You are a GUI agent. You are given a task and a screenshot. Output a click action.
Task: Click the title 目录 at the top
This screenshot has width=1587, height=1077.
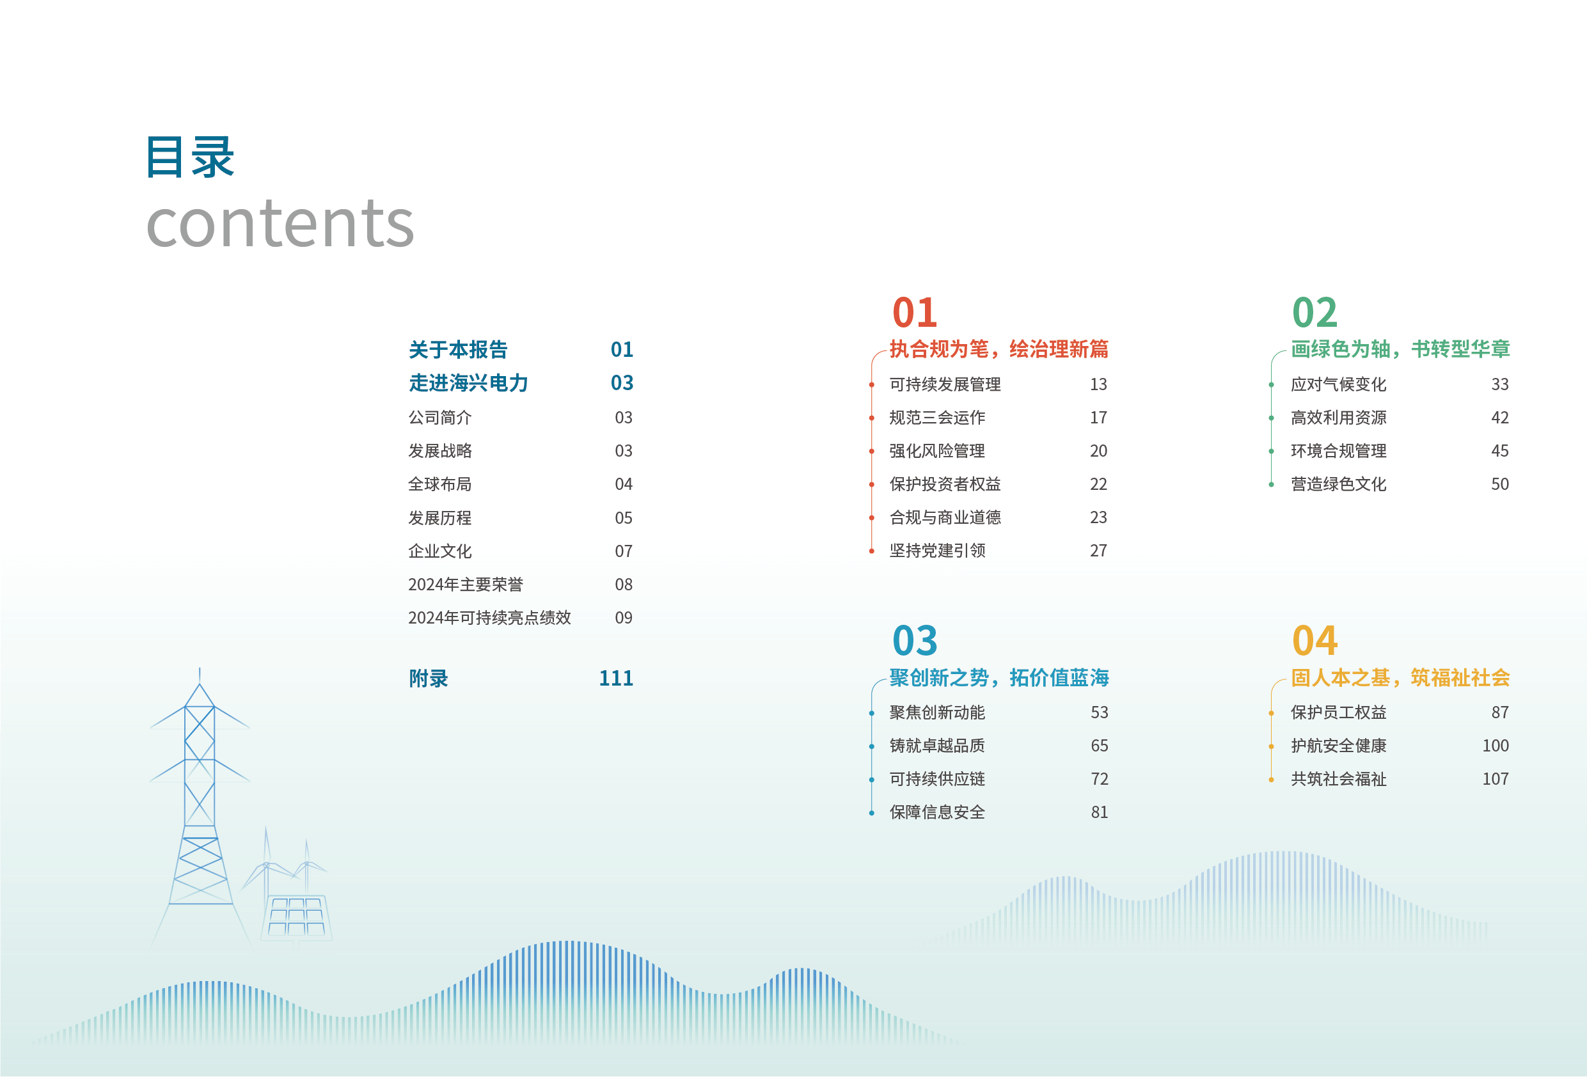(191, 157)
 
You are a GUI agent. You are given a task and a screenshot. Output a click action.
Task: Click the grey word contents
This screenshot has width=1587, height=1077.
(280, 223)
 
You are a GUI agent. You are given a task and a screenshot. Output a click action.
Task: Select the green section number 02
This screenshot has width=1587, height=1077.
(1315, 313)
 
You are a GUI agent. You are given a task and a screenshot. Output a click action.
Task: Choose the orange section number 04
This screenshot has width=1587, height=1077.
(1315, 641)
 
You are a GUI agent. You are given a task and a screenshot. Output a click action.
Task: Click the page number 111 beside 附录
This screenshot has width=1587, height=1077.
(616, 678)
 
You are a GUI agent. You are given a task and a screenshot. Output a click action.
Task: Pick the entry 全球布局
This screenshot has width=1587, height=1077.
(440, 484)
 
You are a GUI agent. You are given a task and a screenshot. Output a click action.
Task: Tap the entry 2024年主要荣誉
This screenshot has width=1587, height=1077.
(466, 585)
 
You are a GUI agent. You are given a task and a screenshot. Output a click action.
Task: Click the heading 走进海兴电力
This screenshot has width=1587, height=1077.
(468, 383)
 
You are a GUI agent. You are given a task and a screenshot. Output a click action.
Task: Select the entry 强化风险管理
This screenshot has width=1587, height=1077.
(937, 451)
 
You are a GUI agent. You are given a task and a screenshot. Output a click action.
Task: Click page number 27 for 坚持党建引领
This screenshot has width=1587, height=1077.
(1098, 551)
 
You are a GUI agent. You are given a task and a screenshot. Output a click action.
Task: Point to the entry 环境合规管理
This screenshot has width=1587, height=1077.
(1338, 451)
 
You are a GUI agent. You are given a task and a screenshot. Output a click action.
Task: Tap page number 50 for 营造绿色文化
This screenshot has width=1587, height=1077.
(1499, 484)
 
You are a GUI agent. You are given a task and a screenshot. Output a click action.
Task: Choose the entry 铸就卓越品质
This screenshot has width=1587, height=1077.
(937, 746)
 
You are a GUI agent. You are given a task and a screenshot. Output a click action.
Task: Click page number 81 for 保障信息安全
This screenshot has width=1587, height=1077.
(1100, 813)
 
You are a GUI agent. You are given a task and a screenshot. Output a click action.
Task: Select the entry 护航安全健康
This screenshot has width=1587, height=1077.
(1338, 746)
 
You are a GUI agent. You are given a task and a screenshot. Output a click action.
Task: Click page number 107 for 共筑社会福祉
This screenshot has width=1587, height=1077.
(1496, 779)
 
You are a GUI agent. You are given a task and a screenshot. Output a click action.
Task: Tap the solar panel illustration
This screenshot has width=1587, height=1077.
(297, 917)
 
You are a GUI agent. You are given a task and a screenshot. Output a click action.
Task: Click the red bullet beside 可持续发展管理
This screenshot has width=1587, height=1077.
(871, 385)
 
